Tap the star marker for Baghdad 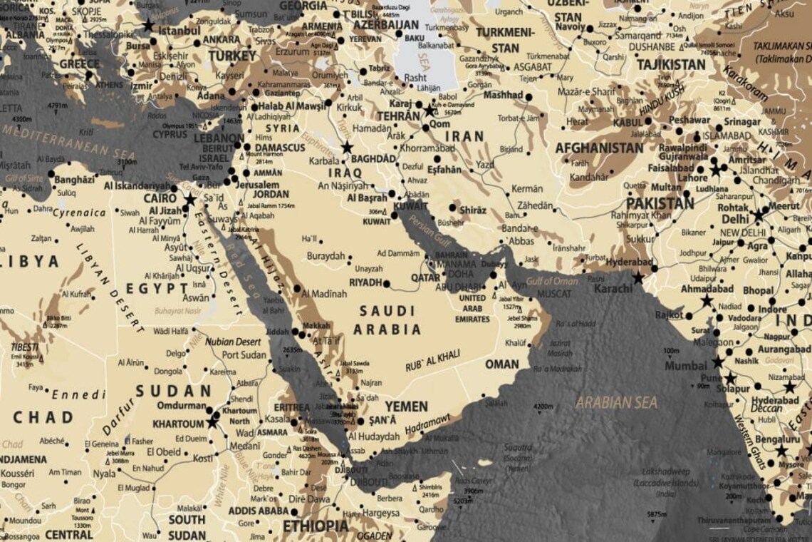pos(347,148)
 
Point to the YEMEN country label pos(406,406)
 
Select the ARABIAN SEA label pos(617,402)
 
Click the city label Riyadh pos(366,282)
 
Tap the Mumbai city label pos(686,366)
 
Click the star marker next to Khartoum pos(212,422)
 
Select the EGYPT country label pos(157,289)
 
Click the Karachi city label pos(613,289)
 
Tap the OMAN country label pos(502,364)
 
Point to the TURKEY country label pos(232,56)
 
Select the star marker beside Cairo pos(189,200)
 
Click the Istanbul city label pos(179,31)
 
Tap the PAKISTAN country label pos(660,203)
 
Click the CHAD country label pos(43,417)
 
